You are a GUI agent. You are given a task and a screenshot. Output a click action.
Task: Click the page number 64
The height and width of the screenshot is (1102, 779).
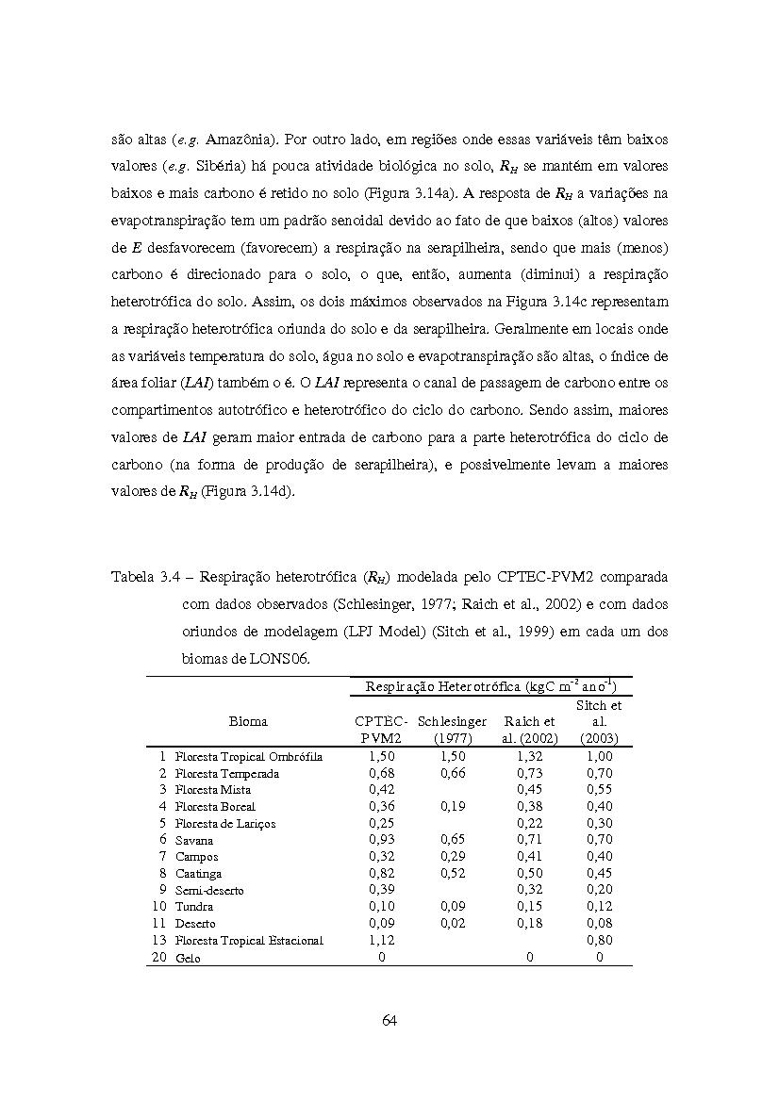point(389,1019)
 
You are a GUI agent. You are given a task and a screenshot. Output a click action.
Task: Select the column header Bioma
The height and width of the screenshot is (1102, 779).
point(248,721)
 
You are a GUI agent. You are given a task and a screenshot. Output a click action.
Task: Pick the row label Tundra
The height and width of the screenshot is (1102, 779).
point(193,907)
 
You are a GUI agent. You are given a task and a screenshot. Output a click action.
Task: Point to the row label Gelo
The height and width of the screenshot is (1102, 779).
point(188,958)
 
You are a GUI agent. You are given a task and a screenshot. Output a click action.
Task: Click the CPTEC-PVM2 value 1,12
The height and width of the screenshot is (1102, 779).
point(381,940)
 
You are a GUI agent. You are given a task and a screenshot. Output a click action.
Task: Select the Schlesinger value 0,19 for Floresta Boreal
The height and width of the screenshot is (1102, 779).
point(453,806)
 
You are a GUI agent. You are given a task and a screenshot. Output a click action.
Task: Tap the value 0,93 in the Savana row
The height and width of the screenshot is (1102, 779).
point(381,839)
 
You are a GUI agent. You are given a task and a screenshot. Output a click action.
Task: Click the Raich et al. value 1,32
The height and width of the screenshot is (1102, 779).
point(530,756)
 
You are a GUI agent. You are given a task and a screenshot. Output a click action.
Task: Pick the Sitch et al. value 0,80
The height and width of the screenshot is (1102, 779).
point(599,940)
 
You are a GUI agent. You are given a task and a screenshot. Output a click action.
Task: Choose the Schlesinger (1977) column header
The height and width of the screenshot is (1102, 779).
point(453,730)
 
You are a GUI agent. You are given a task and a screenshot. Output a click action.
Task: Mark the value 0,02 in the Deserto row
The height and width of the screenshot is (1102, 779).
point(453,923)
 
